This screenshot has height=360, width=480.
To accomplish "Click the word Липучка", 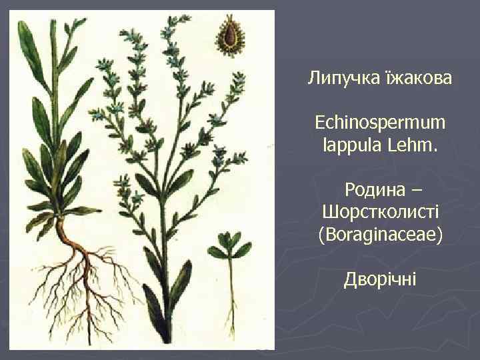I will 337,79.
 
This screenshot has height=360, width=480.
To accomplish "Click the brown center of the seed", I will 231,36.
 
